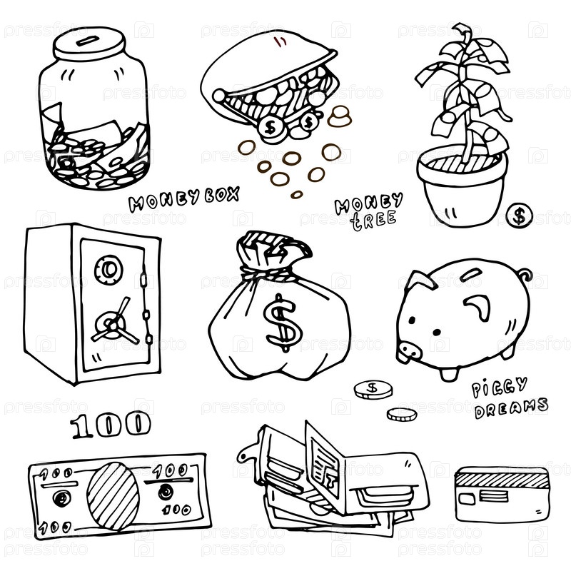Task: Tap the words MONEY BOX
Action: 184,199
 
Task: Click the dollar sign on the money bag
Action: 282,323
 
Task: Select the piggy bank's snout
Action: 409,351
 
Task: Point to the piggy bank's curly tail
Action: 525,274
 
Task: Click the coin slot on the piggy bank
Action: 472,274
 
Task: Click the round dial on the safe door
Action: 108,270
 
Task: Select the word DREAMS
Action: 511,408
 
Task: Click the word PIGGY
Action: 499,388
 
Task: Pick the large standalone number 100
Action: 111,424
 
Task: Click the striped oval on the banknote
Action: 113,495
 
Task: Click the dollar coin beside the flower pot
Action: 520,216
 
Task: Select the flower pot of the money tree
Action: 463,186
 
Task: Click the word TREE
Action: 373,220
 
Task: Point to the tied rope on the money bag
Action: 268,273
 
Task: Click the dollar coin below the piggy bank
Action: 373,389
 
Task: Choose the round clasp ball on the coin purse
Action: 219,96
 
